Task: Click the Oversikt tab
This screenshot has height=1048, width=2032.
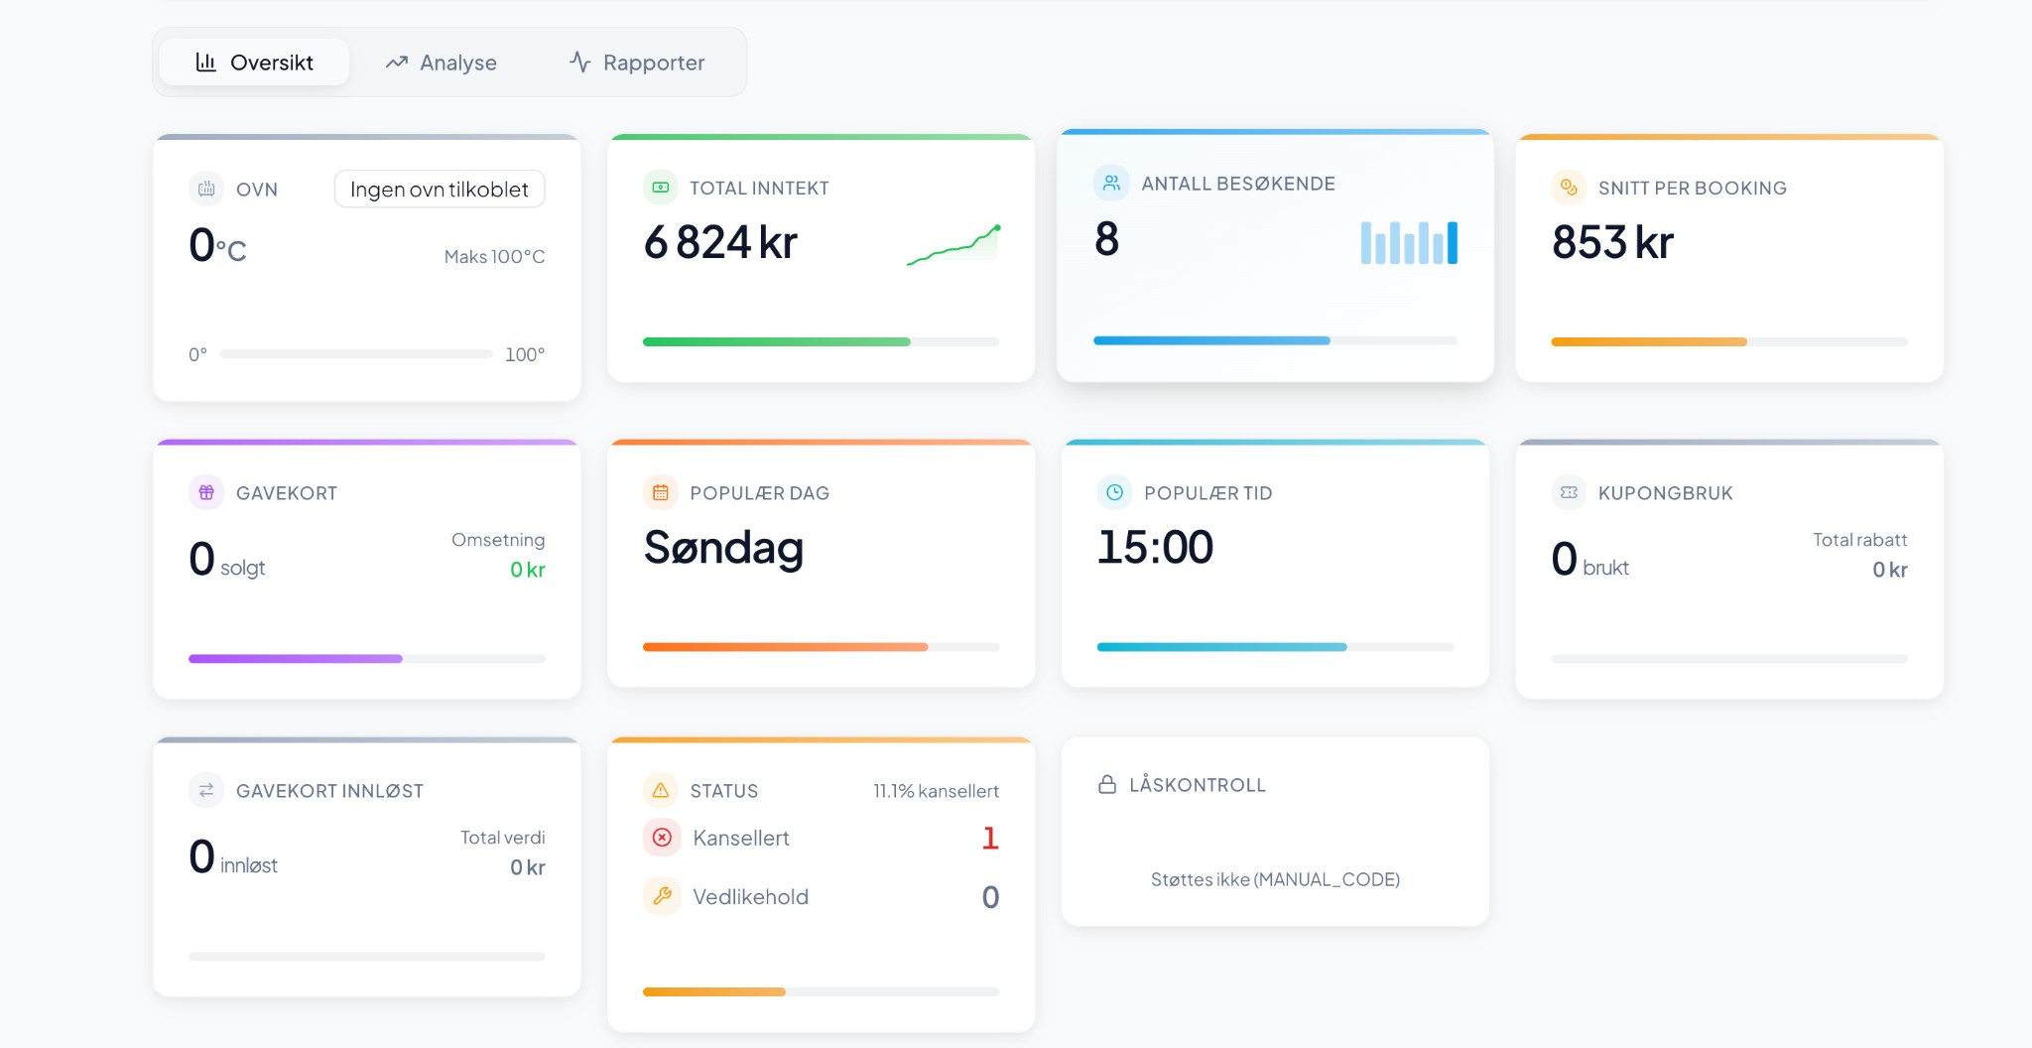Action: (254, 63)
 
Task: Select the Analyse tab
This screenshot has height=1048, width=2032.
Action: (441, 63)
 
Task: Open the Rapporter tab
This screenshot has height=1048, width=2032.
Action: (637, 63)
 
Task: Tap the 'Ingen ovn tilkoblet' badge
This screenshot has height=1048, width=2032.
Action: (439, 189)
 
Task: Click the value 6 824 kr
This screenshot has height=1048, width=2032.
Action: (720, 242)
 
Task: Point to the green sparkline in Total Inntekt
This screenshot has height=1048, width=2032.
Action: (953, 245)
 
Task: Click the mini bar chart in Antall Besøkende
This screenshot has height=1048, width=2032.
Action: (1409, 242)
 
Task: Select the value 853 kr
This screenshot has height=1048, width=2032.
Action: (1612, 242)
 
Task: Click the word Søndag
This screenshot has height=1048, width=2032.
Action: (723, 548)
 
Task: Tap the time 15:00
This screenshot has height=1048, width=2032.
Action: (1155, 548)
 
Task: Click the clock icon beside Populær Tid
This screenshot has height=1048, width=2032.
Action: (1114, 492)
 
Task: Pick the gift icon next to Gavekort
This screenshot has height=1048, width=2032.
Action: (206, 492)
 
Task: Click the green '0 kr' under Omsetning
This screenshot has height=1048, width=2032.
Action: (527, 570)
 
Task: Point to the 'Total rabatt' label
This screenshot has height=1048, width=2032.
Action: (1859, 540)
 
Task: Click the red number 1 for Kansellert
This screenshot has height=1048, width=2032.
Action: (989, 838)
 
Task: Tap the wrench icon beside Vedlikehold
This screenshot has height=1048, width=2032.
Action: (662, 896)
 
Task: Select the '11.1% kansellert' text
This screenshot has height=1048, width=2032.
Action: (936, 791)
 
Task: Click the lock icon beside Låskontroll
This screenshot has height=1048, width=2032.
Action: (1107, 784)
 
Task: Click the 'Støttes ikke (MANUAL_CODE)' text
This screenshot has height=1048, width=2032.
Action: (1275, 879)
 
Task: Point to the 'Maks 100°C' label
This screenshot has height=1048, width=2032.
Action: (494, 257)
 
